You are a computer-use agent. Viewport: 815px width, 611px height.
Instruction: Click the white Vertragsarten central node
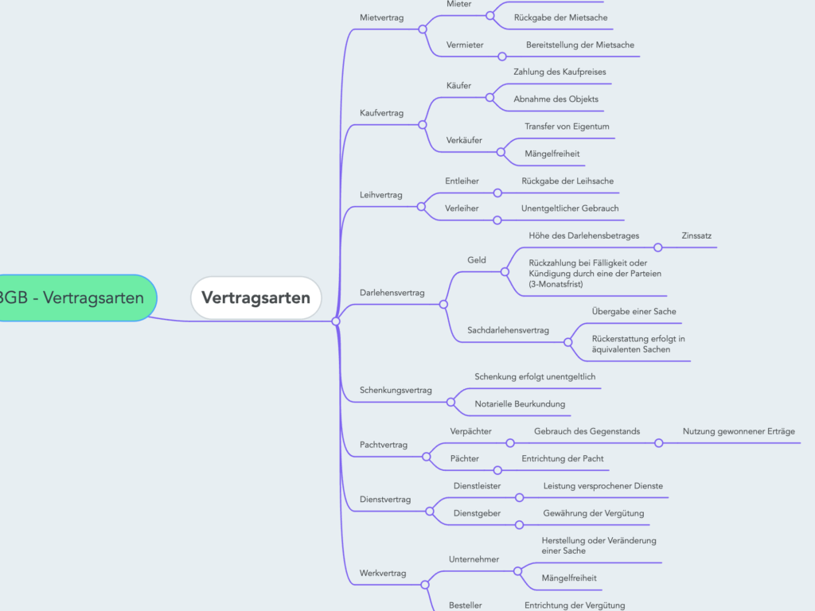pyautogui.click(x=255, y=298)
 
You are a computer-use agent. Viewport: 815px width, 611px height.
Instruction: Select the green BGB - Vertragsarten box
pyautogui.click(x=74, y=298)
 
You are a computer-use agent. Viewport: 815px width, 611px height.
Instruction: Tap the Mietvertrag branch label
pyautogui.click(x=381, y=17)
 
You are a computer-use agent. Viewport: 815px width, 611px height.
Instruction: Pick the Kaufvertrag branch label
pyautogui.click(x=381, y=113)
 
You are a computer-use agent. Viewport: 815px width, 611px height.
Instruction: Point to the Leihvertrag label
pyautogui.click(x=381, y=195)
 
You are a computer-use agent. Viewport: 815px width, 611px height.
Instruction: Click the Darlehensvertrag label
pyautogui.click(x=392, y=293)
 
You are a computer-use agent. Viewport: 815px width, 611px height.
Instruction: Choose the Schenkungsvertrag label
pyautogui.click(x=396, y=390)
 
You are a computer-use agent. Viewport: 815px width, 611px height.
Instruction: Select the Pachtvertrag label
pyautogui.click(x=383, y=445)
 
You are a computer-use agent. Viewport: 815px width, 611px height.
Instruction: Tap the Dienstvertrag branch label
pyautogui.click(x=385, y=500)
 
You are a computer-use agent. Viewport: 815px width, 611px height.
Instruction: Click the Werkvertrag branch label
pyautogui.click(x=383, y=573)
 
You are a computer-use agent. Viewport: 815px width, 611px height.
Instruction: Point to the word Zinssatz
pyautogui.click(x=698, y=235)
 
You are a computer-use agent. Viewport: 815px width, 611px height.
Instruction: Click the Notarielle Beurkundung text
pyautogui.click(x=519, y=404)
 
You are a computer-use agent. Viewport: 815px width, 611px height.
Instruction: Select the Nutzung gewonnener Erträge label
pyautogui.click(x=738, y=431)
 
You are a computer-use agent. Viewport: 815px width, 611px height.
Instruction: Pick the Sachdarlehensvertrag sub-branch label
pyautogui.click(x=508, y=330)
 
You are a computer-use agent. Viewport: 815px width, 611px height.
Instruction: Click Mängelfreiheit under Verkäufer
pyautogui.click(x=552, y=154)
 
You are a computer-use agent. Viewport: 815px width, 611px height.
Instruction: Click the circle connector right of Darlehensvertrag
pyautogui.click(x=443, y=304)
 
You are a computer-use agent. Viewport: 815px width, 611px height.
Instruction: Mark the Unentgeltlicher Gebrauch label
pyautogui.click(x=569, y=208)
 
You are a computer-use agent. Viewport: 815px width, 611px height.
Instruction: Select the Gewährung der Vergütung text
pyautogui.click(x=593, y=513)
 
